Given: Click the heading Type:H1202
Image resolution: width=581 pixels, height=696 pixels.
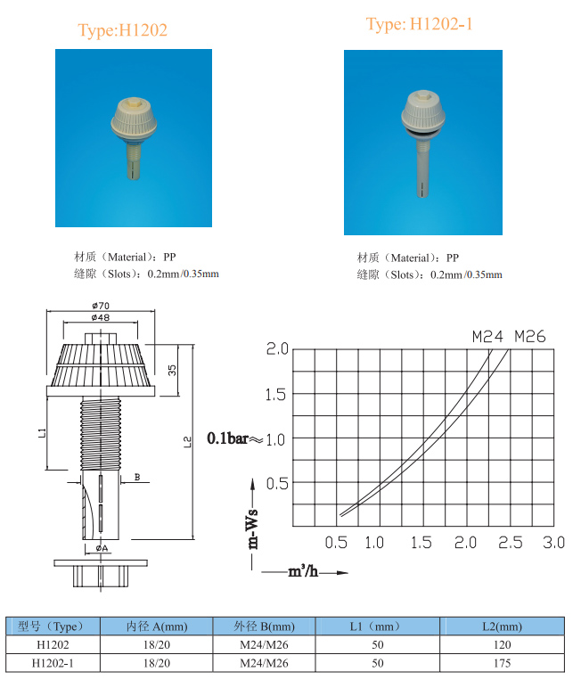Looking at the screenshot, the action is click(x=122, y=30).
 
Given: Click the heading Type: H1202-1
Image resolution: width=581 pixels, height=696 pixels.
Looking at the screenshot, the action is click(x=419, y=24).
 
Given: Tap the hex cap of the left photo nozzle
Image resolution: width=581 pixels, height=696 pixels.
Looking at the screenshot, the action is click(x=132, y=103).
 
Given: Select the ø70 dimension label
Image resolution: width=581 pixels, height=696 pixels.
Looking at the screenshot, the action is click(x=101, y=306).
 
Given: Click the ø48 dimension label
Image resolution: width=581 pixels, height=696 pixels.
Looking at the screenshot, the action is click(x=101, y=317).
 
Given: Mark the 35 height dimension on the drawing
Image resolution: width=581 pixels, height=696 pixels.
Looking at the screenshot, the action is click(x=172, y=370).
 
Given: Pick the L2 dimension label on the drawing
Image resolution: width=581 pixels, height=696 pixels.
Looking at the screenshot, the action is click(x=187, y=442).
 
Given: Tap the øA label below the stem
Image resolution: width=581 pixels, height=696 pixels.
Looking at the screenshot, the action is click(x=102, y=548).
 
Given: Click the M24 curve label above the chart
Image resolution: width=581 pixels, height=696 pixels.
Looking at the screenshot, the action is click(x=487, y=337).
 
